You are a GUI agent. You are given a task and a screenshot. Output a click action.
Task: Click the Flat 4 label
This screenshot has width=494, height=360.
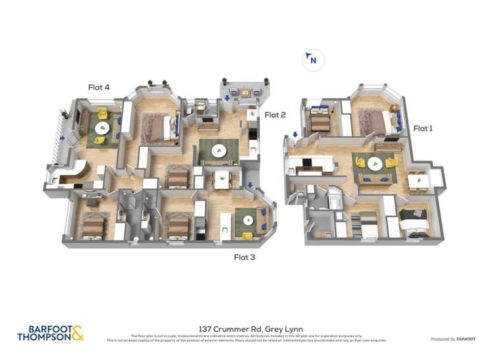[x=99, y=86]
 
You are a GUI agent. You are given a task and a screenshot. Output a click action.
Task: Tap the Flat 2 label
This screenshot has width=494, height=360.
[x=275, y=115]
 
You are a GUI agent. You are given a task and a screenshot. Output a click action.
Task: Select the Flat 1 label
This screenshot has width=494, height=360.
[x=422, y=128]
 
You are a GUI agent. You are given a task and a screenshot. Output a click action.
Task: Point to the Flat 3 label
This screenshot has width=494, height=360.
[x=244, y=257]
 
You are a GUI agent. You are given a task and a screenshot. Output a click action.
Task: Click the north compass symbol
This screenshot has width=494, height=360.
[x=313, y=61]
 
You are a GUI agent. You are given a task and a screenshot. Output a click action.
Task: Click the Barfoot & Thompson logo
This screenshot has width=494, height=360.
[x=51, y=333]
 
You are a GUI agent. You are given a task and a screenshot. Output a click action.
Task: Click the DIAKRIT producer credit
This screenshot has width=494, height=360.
[x=453, y=339]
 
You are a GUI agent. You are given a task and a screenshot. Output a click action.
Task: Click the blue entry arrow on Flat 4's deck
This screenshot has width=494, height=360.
[x=63, y=138]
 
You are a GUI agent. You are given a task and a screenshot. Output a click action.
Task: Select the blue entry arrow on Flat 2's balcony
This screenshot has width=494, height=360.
[x=227, y=99]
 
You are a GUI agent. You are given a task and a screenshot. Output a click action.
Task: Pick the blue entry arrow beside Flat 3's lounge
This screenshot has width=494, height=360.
[x=250, y=186]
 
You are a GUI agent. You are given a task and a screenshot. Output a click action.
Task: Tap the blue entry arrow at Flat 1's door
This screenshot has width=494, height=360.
[x=295, y=135]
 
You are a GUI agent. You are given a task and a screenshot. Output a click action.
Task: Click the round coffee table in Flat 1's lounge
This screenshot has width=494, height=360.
[x=374, y=165]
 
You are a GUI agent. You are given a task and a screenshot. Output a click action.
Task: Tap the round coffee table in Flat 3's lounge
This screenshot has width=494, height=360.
[x=248, y=221]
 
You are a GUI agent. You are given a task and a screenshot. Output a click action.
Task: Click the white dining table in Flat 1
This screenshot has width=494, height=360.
[x=418, y=179]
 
